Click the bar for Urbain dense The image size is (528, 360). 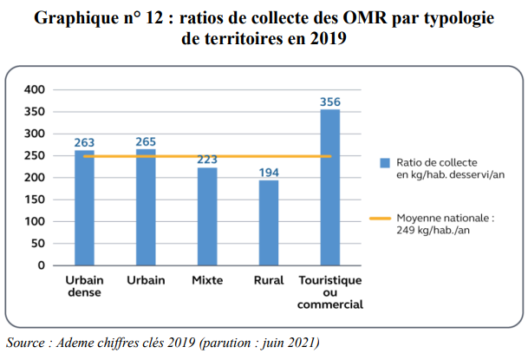click(84, 207)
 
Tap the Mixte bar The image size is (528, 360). click(207, 216)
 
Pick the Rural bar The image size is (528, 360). click(269, 222)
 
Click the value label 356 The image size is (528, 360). click(330, 101)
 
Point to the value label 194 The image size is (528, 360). click(269, 173)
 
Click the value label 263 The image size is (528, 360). click(84, 143)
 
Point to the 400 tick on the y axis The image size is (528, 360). click(34, 89)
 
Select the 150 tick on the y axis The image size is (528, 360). click(34, 200)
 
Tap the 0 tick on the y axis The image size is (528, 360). click(41, 265)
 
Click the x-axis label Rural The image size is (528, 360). click(269, 281)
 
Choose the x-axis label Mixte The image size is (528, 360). click(207, 281)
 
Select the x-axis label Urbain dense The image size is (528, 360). click(84, 286)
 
